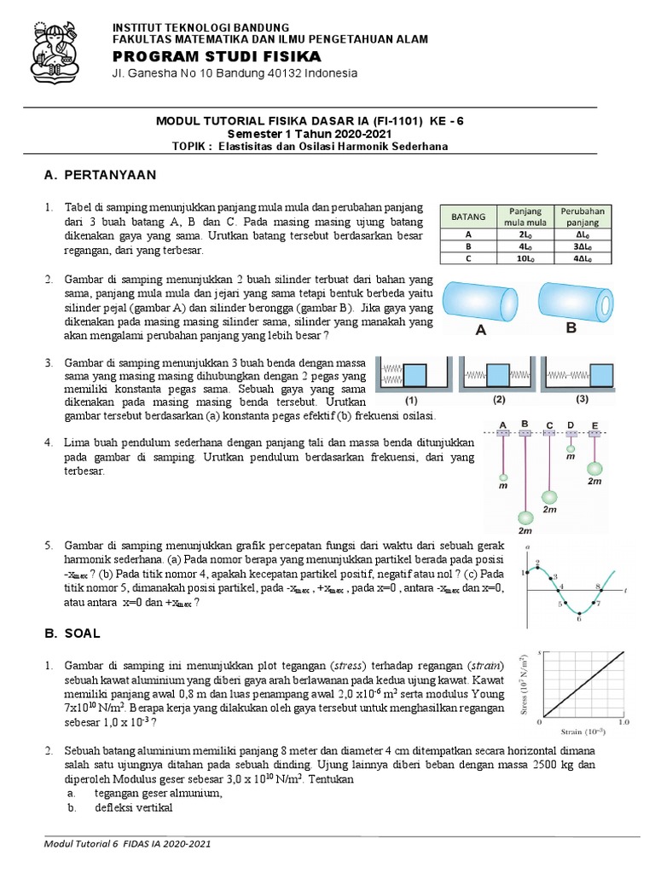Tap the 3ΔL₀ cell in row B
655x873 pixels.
[581, 244]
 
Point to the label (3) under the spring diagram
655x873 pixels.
[583, 399]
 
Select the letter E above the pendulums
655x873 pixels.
[594, 424]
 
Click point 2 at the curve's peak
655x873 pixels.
[537, 564]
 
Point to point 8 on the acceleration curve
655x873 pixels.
[598, 587]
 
